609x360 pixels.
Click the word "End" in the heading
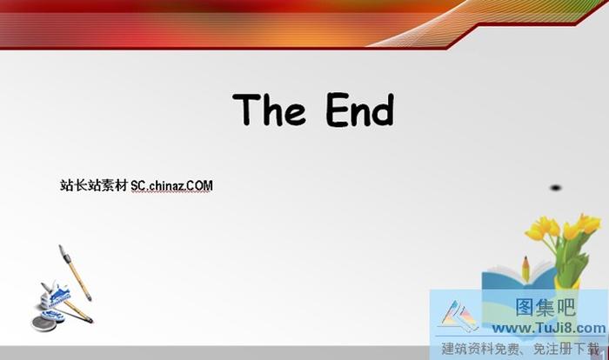tap(360, 110)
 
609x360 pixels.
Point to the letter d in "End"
tap(383, 110)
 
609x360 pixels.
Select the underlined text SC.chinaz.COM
tap(172, 185)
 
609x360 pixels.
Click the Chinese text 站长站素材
tap(94, 185)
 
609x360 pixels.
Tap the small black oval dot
tap(555, 187)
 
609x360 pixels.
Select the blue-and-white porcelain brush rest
tap(54, 297)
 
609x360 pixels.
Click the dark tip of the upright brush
tap(62, 251)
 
